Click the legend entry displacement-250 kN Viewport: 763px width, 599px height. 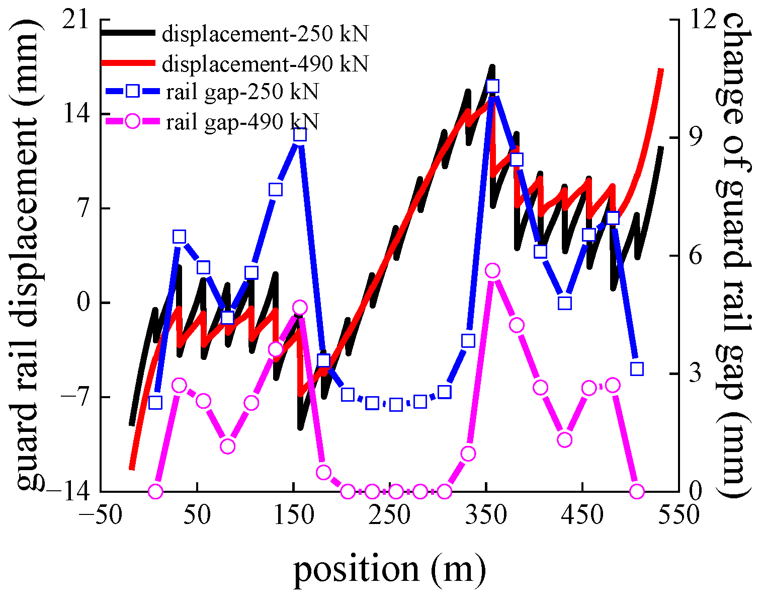pyautogui.click(x=265, y=34)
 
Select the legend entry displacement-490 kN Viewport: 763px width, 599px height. pyautogui.click(x=265, y=64)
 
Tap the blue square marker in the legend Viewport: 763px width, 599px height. pyautogui.click(x=132, y=92)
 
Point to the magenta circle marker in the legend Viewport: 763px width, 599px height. pyautogui.click(x=132, y=121)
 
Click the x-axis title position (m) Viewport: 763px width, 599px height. pyautogui.click(x=390, y=569)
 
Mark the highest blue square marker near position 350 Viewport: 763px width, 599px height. pyautogui.click(x=492, y=86)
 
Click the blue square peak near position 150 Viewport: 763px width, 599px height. pyautogui.click(x=300, y=135)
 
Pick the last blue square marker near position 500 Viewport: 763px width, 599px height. pyautogui.click(x=637, y=369)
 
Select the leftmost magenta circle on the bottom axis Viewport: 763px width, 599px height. pyautogui.click(x=155, y=491)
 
